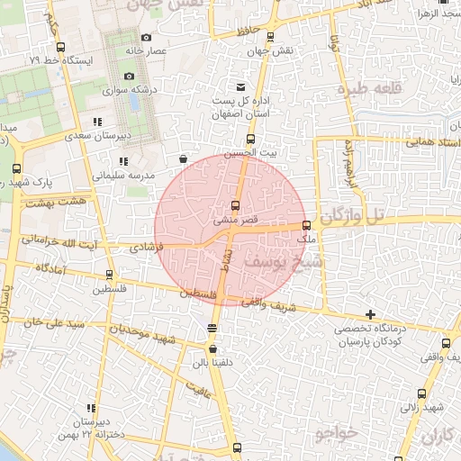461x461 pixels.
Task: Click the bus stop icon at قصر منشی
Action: tap(236, 205)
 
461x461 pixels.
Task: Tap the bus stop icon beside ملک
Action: tap(307, 225)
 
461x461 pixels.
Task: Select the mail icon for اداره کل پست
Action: tap(240, 86)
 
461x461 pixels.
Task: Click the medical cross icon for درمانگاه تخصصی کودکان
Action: tap(371, 314)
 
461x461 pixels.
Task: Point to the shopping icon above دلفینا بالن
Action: tap(212, 349)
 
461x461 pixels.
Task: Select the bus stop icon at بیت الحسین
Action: tap(250, 139)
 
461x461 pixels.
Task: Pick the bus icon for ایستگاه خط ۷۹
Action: tap(60, 47)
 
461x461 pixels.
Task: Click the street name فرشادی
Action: tap(147, 245)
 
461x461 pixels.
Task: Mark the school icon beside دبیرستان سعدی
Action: tap(96, 121)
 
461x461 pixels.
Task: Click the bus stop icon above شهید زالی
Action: tap(423, 393)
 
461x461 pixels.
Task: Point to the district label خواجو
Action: tap(337, 434)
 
